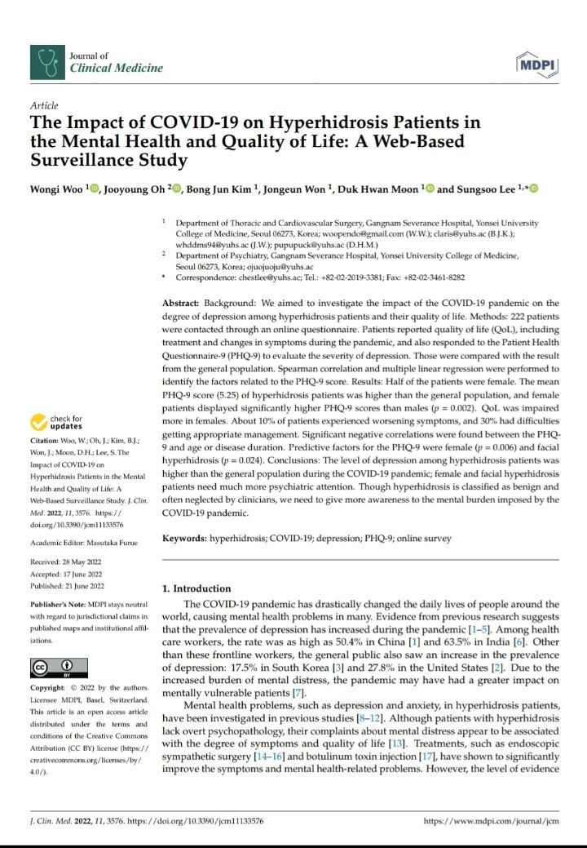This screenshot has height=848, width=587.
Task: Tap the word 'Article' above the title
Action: click(x=43, y=106)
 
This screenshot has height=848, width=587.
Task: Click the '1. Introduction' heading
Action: click(x=196, y=588)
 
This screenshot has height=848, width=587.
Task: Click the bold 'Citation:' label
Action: click(x=46, y=442)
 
